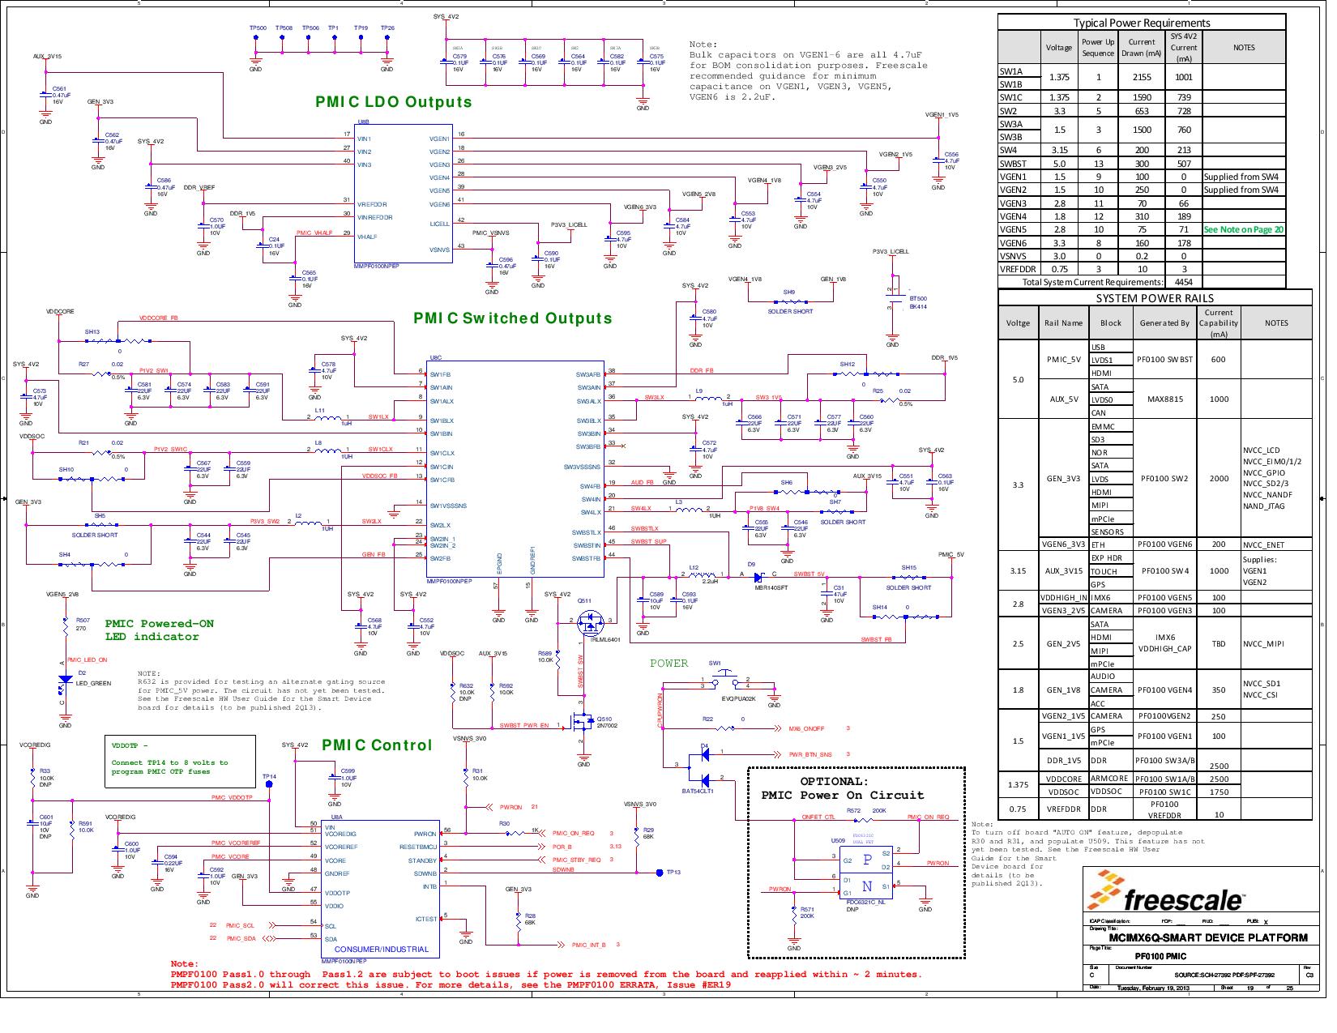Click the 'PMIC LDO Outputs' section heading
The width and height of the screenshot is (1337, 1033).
click(x=394, y=102)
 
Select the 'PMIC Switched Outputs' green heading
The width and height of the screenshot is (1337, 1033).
click(x=512, y=318)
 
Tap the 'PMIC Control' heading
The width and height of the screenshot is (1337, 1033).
click(x=377, y=745)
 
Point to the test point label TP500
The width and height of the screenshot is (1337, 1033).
click(x=258, y=28)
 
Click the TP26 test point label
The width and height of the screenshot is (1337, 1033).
click(x=387, y=28)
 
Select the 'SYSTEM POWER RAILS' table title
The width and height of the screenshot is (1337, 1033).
click(x=1154, y=298)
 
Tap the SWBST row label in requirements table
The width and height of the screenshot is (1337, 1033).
click(x=1014, y=164)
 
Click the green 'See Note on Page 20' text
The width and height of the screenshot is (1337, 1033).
click(x=1243, y=229)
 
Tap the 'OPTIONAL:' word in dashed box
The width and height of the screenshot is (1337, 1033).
click(x=834, y=782)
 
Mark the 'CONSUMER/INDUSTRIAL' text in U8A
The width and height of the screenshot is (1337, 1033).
click(x=381, y=949)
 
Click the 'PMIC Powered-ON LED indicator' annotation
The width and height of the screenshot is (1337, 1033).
click(x=159, y=630)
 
